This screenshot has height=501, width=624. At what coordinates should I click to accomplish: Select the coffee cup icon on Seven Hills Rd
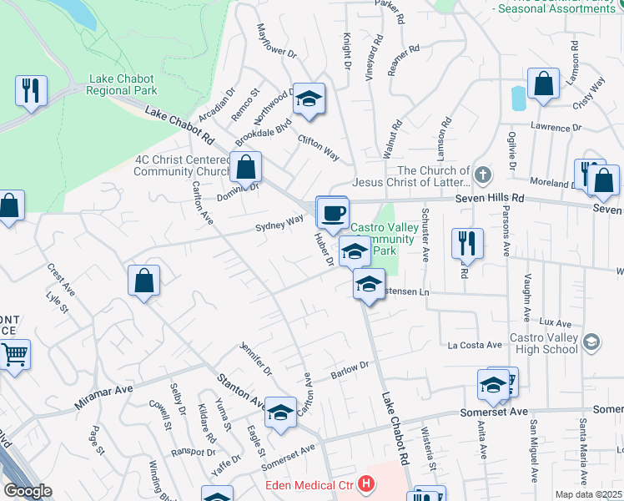[x=332, y=212]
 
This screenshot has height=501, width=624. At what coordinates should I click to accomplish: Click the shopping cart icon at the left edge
[x=14, y=356]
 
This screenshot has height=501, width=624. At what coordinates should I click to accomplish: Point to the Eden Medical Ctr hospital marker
[x=365, y=483]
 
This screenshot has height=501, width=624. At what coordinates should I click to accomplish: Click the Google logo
[x=28, y=491]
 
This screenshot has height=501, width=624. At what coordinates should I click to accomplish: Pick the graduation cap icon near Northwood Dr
[x=309, y=100]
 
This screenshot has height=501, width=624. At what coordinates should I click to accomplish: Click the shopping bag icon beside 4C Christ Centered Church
[x=246, y=167]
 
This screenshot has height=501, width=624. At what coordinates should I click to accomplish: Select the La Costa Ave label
[x=475, y=345]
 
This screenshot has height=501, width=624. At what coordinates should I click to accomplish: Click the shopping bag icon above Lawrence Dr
[x=543, y=84]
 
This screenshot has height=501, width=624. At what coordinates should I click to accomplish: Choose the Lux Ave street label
[x=555, y=322]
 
